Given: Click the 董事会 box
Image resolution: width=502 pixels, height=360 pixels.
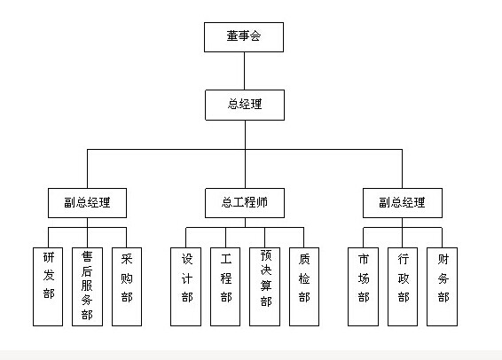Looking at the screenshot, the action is click(244, 37).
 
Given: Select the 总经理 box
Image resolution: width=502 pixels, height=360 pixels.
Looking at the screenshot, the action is click(245, 105).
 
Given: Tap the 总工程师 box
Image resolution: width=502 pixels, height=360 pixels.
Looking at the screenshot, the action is click(245, 203).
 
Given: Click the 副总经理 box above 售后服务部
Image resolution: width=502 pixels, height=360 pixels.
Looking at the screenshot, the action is click(87, 203).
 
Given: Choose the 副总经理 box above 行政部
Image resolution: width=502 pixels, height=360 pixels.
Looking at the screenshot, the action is click(403, 203).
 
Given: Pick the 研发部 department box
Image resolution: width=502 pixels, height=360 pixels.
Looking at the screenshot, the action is click(48, 286).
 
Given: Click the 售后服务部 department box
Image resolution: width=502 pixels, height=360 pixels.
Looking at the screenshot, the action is click(87, 286).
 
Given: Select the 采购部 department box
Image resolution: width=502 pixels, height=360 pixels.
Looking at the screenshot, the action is click(127, 286).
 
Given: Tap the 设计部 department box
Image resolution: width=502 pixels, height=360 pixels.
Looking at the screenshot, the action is click(185, 286).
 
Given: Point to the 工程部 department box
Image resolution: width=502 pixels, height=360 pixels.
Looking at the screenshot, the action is click(225, 286).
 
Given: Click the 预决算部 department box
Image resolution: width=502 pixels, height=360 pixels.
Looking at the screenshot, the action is click(264, 286).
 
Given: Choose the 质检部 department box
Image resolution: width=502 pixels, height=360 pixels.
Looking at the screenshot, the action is click(304, 286).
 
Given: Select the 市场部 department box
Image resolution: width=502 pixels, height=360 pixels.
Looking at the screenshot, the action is click(363, 286).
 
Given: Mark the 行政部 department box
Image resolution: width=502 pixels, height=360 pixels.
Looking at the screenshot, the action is click(403, 286).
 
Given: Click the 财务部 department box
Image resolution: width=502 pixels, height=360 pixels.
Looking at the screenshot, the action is click(442, 286).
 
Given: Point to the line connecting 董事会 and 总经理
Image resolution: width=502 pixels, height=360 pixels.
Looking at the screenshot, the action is click(244, 71).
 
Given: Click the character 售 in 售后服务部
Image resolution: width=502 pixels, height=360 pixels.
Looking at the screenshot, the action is click(87, 256).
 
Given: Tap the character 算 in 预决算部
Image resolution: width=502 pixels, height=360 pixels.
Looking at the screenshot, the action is click(266, 286).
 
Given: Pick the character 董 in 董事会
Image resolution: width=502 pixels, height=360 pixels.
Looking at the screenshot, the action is click(232, 35).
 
